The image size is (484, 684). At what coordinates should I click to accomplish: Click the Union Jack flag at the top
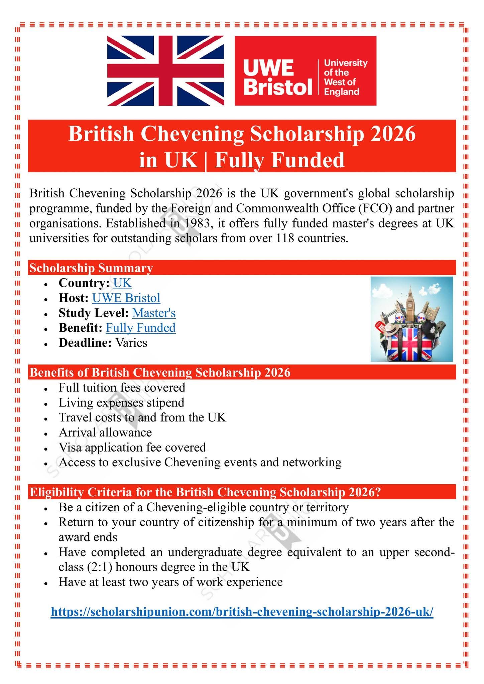(x=165, y=71)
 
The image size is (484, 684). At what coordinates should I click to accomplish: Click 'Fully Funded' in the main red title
(x=279, y=160)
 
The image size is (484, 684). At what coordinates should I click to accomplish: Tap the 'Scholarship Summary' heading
(x=91, y=268)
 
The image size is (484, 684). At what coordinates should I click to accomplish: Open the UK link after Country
(x=122, y=283)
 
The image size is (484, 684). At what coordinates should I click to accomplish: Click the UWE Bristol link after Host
(x=126, y=298)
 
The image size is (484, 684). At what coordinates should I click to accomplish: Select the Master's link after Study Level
(x=154, y=313)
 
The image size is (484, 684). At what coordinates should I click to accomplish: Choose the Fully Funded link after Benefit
(x=140, y=328)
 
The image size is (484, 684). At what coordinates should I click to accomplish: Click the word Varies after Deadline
(x=131, y=343)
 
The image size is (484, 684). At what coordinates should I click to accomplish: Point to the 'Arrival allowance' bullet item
(x=105, y=433)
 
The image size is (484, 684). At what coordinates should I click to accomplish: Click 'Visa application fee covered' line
(x=132, y=448)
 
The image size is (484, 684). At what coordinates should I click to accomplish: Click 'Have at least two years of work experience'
(x=170, y=582)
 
